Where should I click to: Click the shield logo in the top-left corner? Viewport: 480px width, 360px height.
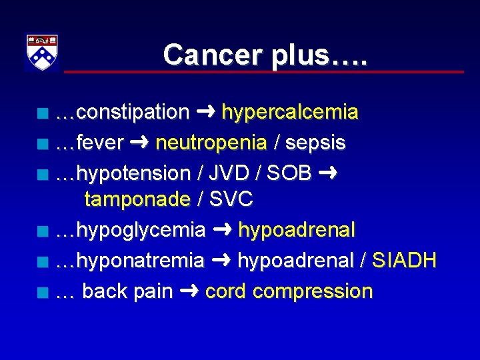[42, 52]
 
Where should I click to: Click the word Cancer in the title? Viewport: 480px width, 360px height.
[213, 55]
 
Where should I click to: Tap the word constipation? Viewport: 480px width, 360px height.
[133, 113]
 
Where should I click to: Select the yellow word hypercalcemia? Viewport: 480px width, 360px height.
[289, 113]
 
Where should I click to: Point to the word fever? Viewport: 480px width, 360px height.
[100, 143]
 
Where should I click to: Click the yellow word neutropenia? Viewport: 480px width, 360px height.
[211, 143]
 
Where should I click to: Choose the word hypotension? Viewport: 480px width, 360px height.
[133, 173]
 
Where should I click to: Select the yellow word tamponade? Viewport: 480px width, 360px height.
[137, 199]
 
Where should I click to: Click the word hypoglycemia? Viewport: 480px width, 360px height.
[141, 231]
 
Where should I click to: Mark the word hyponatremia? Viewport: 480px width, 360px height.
[140, 261]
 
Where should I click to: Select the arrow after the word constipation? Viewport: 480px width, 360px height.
[205, 112]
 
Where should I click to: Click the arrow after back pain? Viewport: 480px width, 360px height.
[189, 291]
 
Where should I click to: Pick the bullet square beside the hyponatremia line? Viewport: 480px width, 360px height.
[43, 262]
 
